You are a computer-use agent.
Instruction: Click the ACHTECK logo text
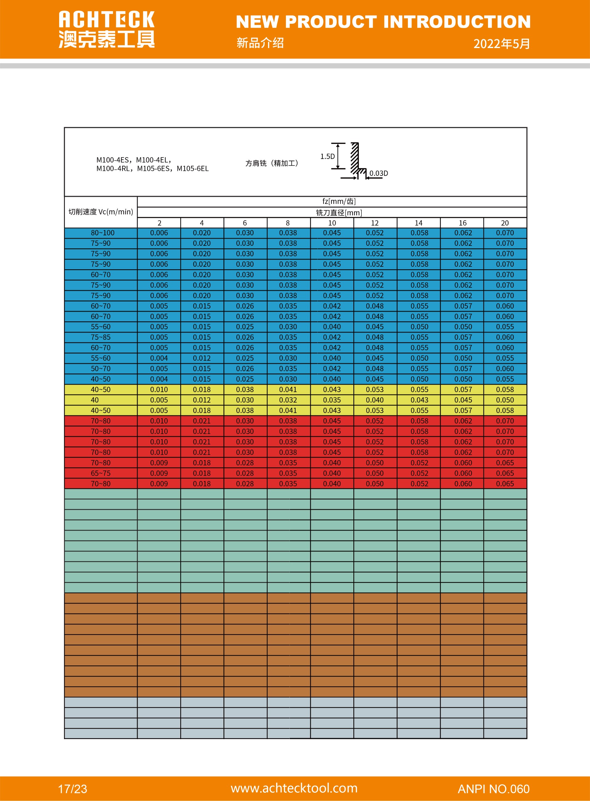click(106, 20)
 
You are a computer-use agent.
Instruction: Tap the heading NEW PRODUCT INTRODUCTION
click(383, 22)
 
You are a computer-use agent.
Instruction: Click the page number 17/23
click(72, 788)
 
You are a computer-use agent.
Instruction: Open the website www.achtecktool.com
click(294, 788)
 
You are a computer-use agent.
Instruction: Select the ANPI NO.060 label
click(493, 788)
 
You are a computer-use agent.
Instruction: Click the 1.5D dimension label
click(327, 157)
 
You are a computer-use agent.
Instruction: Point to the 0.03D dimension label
click(378, 173)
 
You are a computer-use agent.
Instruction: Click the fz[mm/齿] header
click(339, 201)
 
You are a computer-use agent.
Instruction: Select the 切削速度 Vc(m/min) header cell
click(101, 212)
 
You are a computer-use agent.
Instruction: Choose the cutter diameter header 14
click(419, 223)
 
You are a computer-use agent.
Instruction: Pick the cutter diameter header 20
click(505, 223)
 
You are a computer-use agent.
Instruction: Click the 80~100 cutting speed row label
click(103, 233)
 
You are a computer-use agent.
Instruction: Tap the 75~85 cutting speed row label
click(101, 337)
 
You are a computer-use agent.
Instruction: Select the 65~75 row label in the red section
click(101, 473)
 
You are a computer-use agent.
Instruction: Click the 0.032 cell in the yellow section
click(288, 400)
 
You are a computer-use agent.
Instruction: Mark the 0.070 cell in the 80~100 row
click(505, 233)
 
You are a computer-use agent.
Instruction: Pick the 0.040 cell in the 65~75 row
click(332, 473)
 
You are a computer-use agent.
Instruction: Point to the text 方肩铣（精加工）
click(272, 163)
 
